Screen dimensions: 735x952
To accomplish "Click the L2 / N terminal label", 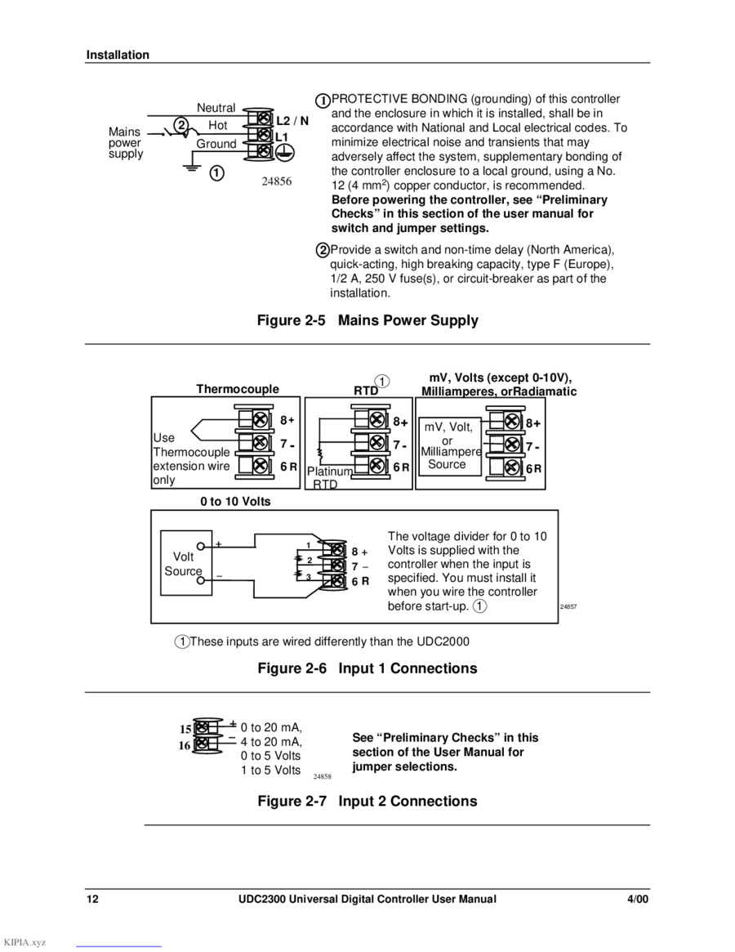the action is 292,121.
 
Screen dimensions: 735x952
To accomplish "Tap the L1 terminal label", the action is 282,137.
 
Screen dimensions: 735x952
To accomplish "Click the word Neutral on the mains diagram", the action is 216,108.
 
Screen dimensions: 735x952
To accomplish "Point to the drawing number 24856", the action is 277,181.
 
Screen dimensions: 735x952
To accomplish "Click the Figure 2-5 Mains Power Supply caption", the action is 367,320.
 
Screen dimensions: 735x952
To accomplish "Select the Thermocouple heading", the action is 238,389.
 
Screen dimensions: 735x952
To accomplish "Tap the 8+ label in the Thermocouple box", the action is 287,420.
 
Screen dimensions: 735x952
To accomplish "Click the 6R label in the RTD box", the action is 401,467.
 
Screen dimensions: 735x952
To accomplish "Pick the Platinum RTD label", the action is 330,477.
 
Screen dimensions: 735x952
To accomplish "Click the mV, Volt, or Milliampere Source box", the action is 450,446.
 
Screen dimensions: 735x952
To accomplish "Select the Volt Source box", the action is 186,563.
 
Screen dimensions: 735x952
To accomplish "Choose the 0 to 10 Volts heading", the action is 235,502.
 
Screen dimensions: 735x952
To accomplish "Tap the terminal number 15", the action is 185,729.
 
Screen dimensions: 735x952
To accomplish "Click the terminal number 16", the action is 185,745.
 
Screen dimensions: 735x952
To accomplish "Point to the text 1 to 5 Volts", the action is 270,770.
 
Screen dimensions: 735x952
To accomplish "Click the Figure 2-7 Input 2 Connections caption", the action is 367,801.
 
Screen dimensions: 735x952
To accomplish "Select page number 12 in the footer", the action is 92,899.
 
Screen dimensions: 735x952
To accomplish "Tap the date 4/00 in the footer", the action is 637,899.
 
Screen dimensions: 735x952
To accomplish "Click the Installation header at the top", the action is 118,55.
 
